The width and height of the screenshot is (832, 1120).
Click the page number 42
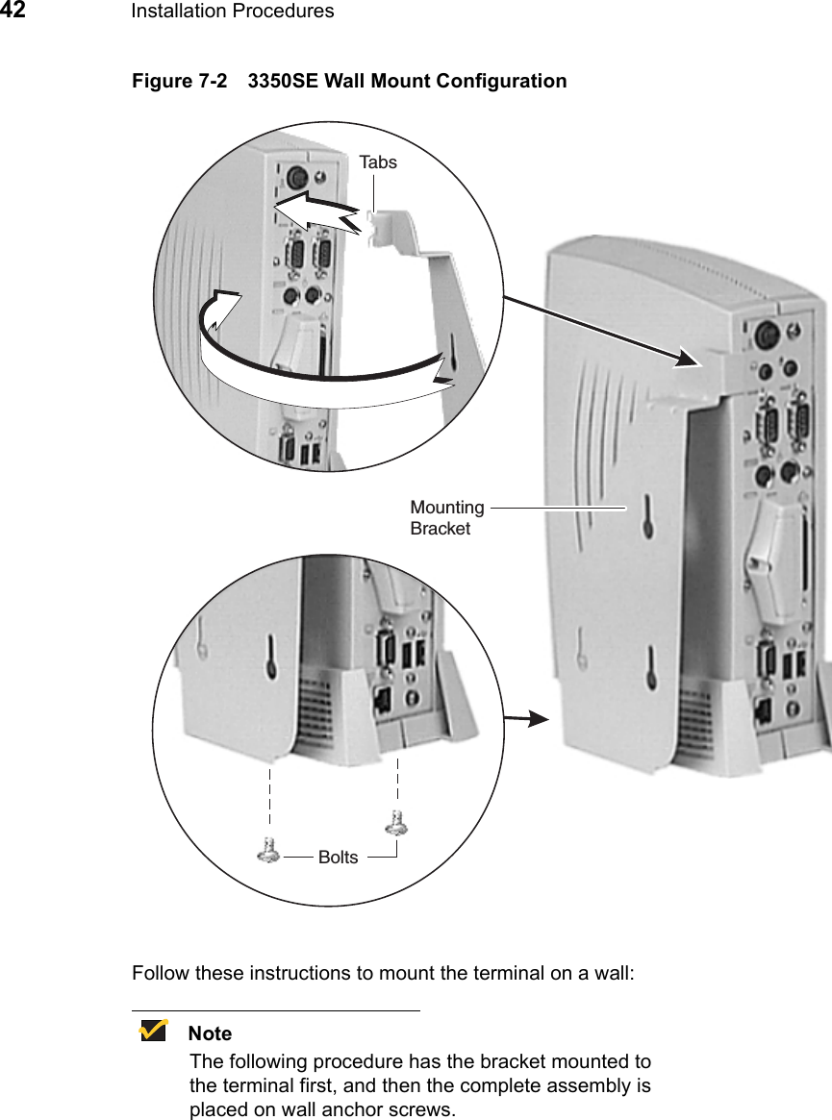(13, 11)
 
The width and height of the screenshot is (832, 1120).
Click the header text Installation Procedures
(232, 12)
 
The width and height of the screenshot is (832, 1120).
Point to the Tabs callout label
(378, 162)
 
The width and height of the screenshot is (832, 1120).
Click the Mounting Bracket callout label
(447, 517)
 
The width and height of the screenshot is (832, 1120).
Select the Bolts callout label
(338, 857)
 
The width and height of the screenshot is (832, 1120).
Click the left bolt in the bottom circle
(270, 849)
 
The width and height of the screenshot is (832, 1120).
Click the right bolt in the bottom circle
(395, 824)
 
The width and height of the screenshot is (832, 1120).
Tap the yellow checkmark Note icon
(152, 1032)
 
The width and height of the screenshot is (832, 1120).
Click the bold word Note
(210, 1033)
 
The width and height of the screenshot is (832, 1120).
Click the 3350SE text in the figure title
(283, 81)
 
